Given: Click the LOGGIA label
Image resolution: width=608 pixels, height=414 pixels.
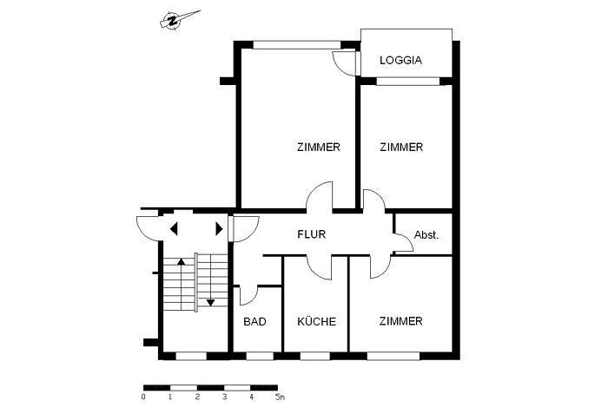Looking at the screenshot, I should (400, 61).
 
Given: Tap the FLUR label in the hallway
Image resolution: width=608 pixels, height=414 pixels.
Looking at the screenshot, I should (311, 234).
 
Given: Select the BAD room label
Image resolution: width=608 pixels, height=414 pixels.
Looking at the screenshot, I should (254, 322).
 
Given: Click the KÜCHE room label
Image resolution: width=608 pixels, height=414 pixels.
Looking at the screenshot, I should (316, 322).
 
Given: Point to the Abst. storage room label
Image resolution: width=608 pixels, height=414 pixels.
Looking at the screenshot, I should (426, 235).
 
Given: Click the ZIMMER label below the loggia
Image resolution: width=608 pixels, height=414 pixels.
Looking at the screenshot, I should (401, 148).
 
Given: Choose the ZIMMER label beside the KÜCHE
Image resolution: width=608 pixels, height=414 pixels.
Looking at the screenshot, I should (400, 322).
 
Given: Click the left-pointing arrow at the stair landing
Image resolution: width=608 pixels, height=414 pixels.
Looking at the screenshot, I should (174, 229).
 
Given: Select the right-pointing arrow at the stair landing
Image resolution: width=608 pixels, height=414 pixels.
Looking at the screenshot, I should (219, 229).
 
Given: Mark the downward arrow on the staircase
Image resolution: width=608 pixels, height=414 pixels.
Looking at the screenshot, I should (209, 302).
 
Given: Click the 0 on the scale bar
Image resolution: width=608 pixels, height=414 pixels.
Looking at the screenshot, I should (143, 398).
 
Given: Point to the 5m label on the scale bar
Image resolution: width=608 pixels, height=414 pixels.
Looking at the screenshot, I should (279, 398).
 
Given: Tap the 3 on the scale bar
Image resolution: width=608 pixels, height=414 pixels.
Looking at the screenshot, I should (224, 398).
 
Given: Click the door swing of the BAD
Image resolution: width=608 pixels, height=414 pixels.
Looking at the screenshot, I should (246, 296).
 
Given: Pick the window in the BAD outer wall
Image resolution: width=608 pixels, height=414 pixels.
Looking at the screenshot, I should (259, 355).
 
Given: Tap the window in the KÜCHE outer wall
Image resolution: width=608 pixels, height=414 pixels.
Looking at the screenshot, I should (314, 355).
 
